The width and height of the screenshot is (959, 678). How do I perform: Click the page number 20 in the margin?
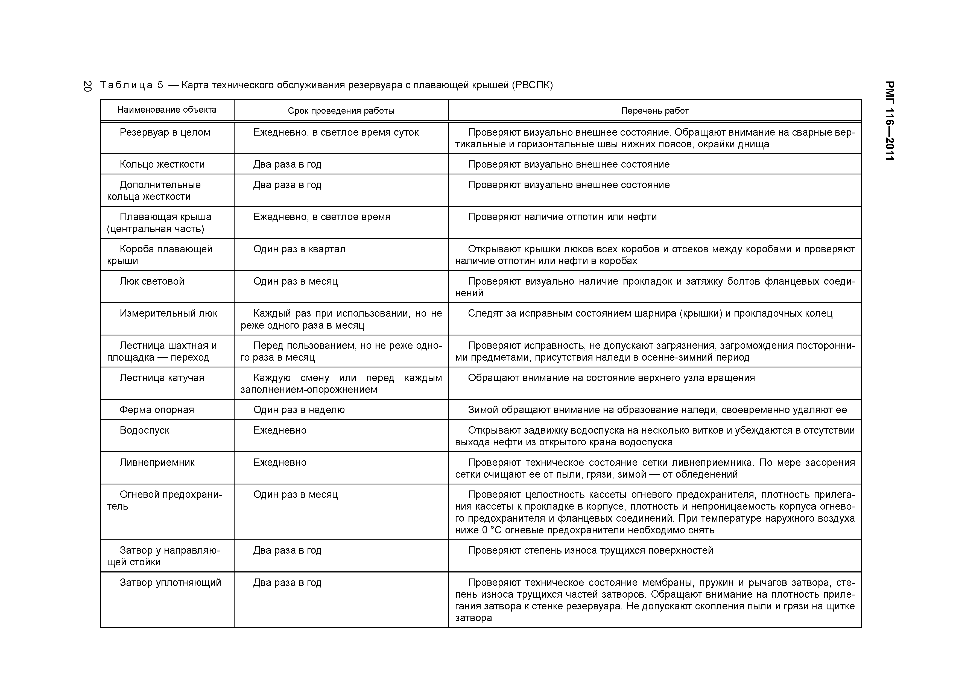tap(87, 86)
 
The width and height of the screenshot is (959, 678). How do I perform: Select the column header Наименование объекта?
tap(167, 110)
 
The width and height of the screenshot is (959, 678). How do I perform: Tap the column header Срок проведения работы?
tap(341, 111)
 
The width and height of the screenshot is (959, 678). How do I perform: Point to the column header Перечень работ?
tap(654, 111)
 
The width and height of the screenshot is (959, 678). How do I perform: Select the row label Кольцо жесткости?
tap(162, 164)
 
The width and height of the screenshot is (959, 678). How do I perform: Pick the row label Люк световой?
tap(152, 281)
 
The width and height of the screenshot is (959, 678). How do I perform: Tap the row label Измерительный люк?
tap(168, 313)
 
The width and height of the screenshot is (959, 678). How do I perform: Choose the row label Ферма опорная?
tap(157, 410)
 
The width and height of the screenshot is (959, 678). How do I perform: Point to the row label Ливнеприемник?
tap(157, 463)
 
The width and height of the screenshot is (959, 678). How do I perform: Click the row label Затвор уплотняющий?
tap(170, 582)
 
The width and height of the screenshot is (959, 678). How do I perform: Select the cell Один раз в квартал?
tap(299, 249)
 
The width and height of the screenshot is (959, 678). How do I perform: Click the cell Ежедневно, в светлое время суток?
tap(336, 132)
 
